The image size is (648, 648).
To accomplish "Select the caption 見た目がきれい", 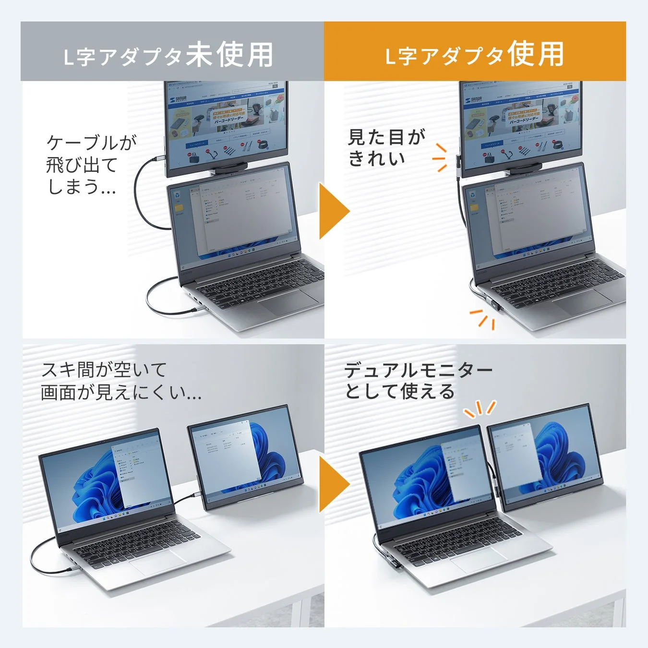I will pos(386,147).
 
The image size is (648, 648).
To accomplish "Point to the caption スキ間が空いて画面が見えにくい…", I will pos(120,381).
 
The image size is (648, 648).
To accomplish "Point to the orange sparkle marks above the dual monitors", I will pos(480,408).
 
